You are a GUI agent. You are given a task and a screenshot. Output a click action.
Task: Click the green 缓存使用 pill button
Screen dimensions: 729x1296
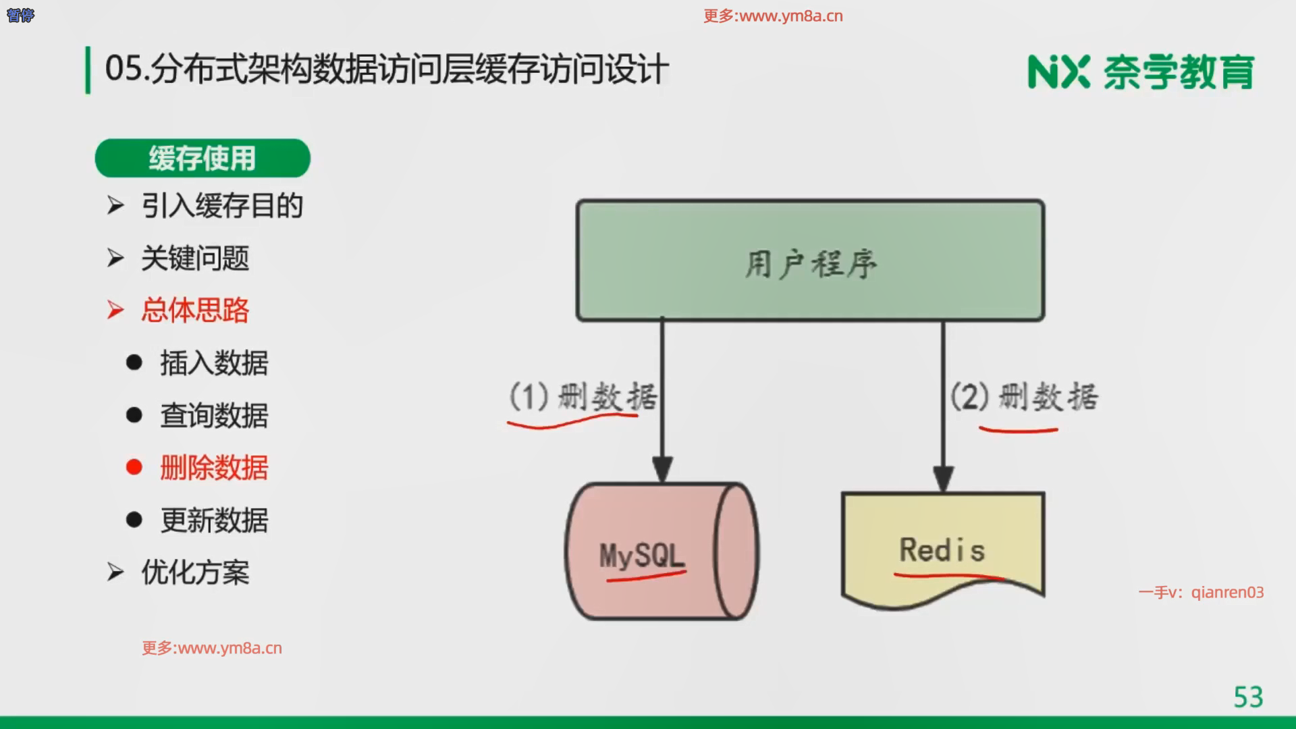click(202, 159)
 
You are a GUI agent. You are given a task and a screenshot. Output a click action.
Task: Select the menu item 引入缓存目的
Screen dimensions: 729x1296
click(221, 206)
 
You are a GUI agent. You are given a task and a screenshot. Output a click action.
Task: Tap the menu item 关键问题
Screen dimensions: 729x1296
click(194, 259)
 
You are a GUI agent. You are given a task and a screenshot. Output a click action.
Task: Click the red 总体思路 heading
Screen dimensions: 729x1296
click(194, 310)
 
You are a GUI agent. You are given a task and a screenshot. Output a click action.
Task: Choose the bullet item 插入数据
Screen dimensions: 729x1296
click(213, 363)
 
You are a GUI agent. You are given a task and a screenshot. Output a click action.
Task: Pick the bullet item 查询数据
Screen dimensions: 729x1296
click(213, 416)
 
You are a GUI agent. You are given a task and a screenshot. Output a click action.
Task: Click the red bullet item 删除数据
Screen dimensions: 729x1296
click(213, 468)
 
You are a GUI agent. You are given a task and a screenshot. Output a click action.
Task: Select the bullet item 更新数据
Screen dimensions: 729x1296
click(213, 520)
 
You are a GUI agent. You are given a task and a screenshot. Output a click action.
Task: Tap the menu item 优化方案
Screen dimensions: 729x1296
click(194, 573)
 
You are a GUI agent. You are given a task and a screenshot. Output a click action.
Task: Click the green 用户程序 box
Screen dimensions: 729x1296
click(810, 261)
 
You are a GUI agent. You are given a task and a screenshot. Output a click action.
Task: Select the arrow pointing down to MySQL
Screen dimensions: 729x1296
click(662, 405)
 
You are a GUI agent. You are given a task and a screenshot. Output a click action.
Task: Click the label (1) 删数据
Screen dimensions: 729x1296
click(583, 396)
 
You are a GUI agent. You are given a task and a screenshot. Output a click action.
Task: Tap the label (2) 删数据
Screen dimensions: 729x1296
click(1024, 397)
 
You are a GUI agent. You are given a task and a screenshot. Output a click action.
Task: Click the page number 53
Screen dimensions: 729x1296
click(1248, 697)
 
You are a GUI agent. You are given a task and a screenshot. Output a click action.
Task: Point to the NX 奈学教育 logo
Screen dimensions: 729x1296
click(1141, 72)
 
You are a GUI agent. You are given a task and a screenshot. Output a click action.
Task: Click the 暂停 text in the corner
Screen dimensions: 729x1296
click(20, 15)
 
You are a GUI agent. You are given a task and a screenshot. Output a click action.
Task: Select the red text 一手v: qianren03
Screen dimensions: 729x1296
click(1201, 593)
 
